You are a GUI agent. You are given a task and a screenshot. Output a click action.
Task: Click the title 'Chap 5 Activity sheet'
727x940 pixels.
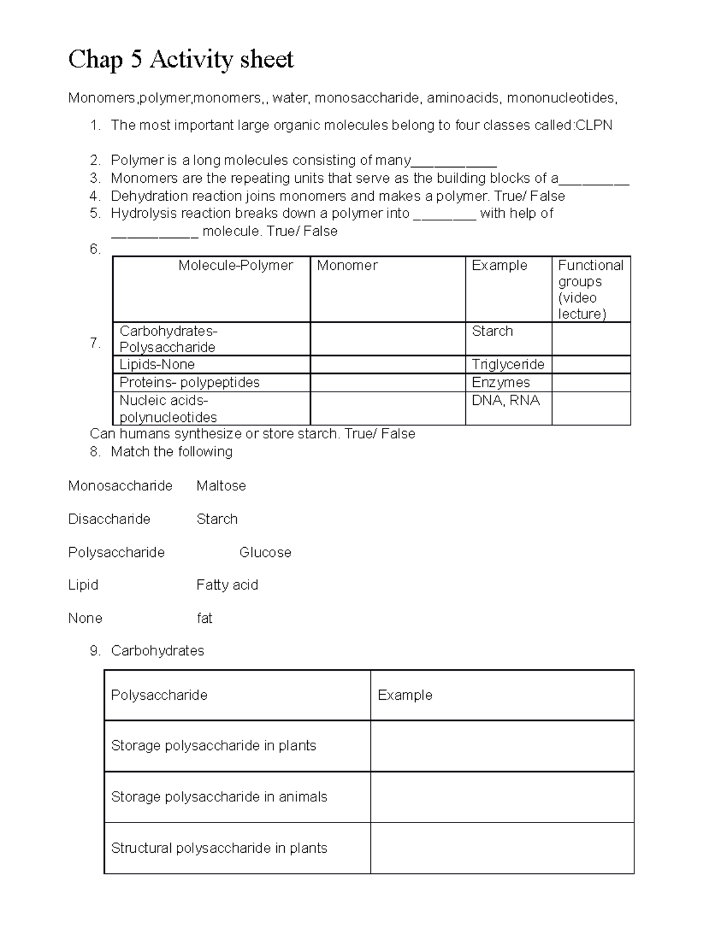tap(181, 60)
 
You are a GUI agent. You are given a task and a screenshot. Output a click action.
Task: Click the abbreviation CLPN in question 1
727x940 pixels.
tap(594, 125)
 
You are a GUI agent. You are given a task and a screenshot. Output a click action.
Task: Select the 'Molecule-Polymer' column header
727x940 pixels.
tap(235, 266)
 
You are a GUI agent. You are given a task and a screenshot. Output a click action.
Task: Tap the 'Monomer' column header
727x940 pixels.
tap(347, 266)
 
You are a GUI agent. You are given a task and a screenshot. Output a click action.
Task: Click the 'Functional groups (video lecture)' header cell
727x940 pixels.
tap(591, 289)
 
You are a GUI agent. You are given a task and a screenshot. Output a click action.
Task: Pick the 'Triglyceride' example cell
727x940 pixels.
tap(508, 364)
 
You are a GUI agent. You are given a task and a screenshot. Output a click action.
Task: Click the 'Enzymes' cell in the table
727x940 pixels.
tap(500, 383)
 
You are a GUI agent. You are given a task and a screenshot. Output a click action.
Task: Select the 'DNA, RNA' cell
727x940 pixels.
tap(505, 401)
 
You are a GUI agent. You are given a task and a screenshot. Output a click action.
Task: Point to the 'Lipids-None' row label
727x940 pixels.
tap(157, 364)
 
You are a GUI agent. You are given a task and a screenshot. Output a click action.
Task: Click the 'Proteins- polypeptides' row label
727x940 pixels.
tap(189, 383)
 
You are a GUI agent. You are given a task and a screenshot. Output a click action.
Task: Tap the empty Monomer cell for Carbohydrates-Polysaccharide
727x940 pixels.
tap(387, 338)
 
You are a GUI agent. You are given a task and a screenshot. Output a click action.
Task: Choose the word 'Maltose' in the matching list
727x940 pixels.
tap(221, 486)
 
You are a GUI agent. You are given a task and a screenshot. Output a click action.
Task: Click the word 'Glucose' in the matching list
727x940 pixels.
tap(265, 553)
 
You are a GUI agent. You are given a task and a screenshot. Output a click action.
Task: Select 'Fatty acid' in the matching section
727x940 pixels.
tap(227, 585)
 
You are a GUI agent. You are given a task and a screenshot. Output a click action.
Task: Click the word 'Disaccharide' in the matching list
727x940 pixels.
tap(109, 519)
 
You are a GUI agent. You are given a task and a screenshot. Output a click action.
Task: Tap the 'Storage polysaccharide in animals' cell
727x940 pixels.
tap(219, 797)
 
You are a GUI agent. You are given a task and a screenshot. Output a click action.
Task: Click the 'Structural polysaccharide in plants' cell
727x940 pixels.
tap(219, 848)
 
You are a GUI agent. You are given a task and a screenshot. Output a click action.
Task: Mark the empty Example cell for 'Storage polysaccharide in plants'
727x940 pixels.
tap(502, 746)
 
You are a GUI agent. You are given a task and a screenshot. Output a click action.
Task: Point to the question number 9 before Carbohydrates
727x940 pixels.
tap(95, 651)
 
